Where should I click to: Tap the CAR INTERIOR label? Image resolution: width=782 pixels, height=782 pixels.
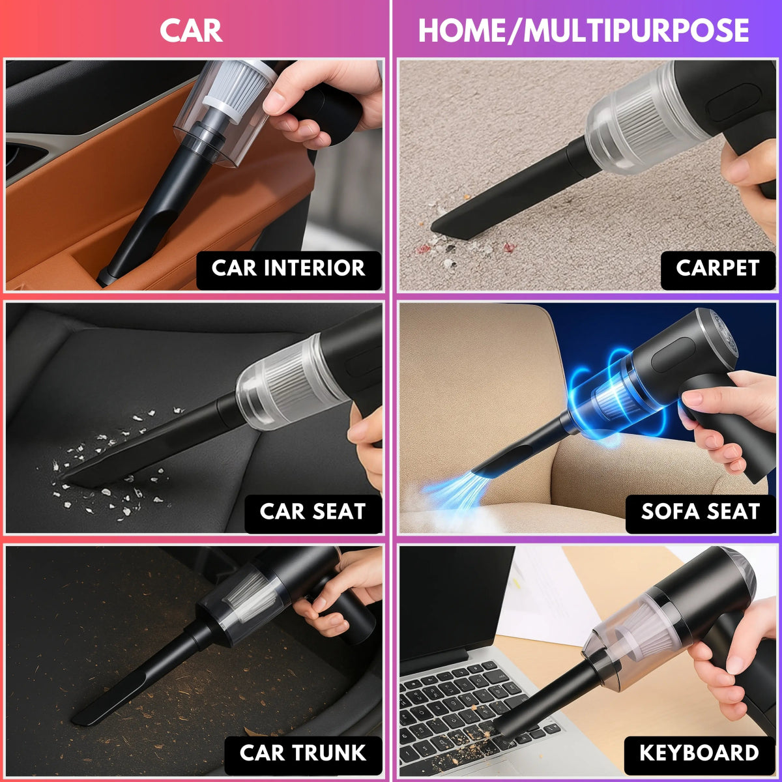click(288, 268)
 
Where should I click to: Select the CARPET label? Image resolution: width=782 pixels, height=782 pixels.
click(717, 268)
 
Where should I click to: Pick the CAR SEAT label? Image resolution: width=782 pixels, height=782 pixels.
click(312, 512)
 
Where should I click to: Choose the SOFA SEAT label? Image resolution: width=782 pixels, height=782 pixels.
click(701, 512)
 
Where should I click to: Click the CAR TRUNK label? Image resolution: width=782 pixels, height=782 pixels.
click(302, 753)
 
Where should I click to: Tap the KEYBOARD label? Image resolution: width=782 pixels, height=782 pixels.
click(699, 753)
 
